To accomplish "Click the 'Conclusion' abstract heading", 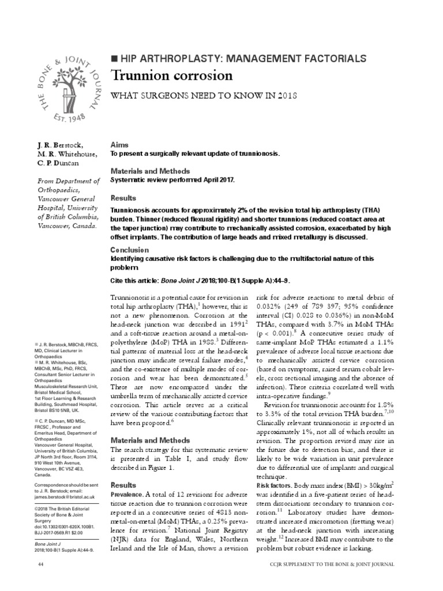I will click(x=130, y=250).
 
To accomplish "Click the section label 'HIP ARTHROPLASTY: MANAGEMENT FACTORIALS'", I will click(x=242, y=58).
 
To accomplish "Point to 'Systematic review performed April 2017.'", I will click(x=173, y=180).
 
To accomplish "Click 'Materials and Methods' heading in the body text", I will click(x=149, y=424).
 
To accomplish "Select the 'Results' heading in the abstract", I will click(x=122, y=197).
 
